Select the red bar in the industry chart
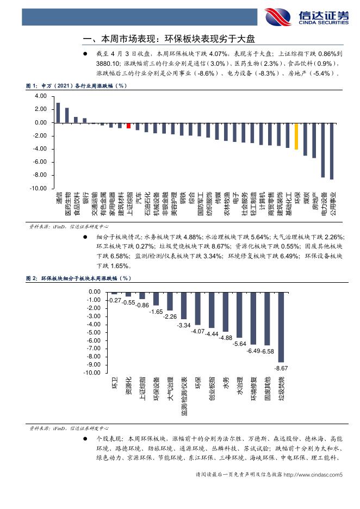[129, 126]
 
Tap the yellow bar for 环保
[296, 136]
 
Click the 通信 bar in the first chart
[58, 113]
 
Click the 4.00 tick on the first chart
[40, 96]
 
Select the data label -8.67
[281, 368]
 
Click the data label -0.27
[115, 300]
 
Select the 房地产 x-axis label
[314, 200]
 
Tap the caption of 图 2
[79, 278]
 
